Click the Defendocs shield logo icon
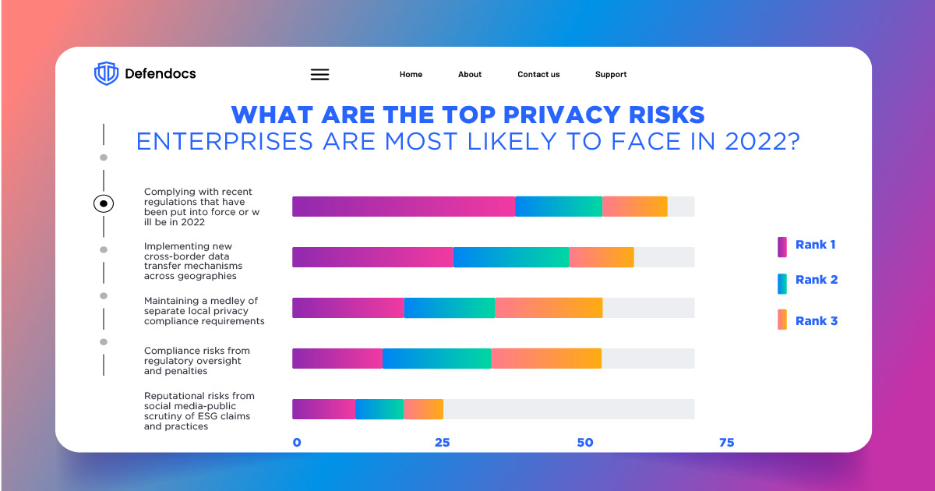(x=106, y=74)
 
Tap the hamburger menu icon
(x=319, y=75)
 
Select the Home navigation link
(x=411, y=75)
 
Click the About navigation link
(x=470, y=75)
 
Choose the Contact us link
(x=538, y=75)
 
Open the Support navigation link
(x=611, y=75)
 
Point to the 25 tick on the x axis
(x=442, y=443)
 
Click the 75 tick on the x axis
(x=726, y=443)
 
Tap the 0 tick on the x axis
(x=297, y=443)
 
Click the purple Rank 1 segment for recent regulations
(x=404, y=207)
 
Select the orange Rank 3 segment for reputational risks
(x=423, y=409)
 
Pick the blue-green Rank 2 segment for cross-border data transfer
(x=511, y=257)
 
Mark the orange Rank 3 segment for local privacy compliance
(x=549, y=308)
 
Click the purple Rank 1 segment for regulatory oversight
(x=337, y=359)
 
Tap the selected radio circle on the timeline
(x=104, y=204)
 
